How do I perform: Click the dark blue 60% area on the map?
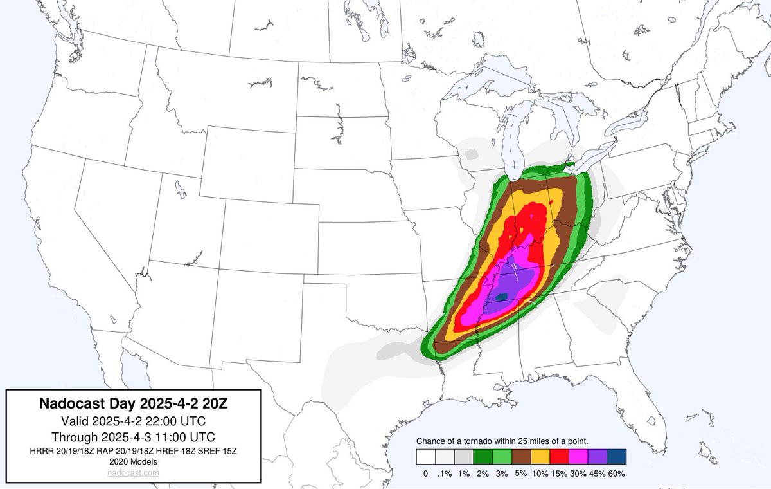click(x=502, y=296)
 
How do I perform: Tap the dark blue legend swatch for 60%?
click(x=616, y=456)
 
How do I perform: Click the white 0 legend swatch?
click(x=425, y=456)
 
